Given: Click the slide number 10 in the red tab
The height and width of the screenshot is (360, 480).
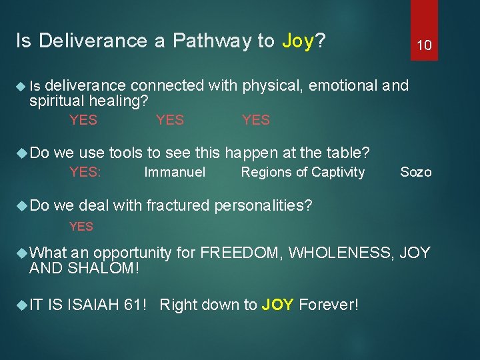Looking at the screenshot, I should [x=424, y=45].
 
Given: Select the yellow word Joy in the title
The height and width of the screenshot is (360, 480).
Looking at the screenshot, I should [x=297, y=41].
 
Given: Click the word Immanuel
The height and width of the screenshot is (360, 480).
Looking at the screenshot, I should [x=175, y=173].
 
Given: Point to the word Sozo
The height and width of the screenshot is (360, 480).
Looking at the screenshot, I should [x=415, y=173].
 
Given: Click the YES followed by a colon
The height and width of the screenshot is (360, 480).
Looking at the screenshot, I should [x=85, y=173].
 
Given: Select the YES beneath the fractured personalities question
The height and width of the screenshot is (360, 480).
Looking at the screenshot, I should [x=81, y=227].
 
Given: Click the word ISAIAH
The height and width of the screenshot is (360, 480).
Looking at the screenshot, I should [x=93, y=305].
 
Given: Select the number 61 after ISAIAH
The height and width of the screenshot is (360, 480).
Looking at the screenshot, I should [x=136, y=305].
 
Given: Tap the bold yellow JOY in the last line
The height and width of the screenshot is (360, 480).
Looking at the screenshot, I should [x=278, y=305].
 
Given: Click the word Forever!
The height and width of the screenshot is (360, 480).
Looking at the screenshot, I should [x=329, y=305].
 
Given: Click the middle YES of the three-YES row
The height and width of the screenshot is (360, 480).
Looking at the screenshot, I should [x=169, y=120].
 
